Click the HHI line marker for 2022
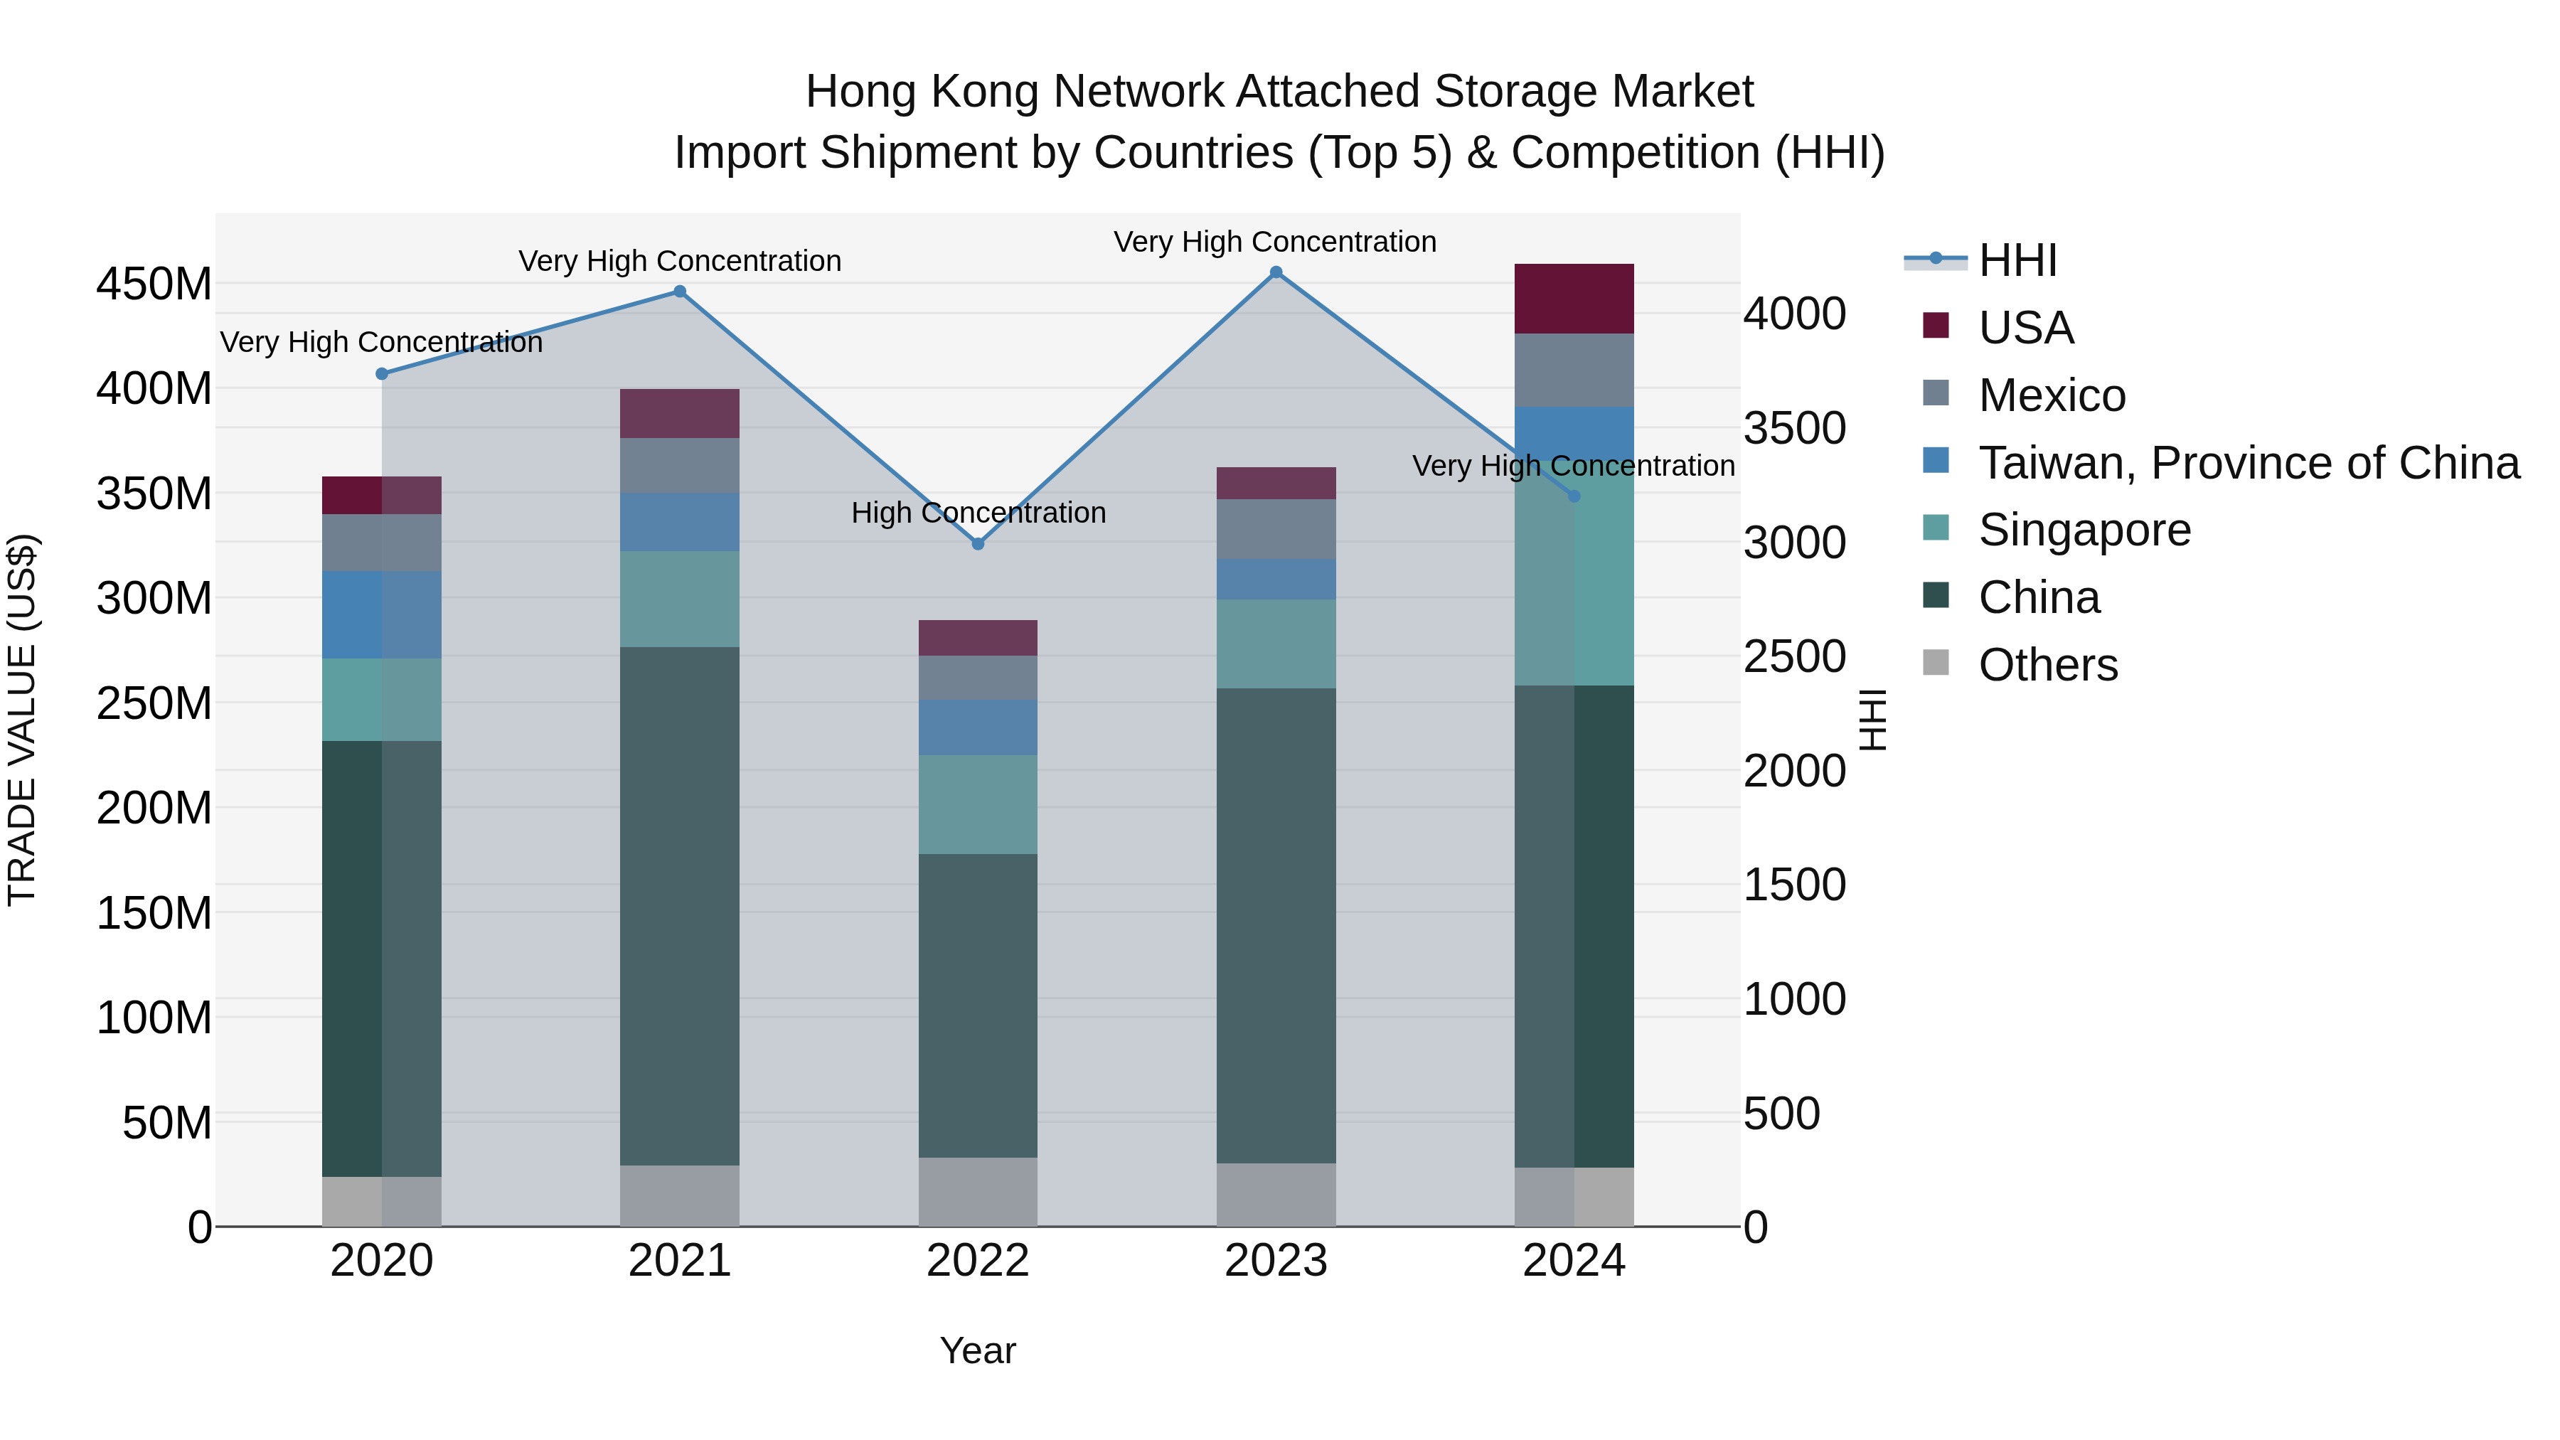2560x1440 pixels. click(978, 543)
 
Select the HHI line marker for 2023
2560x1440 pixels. click(1276, 272)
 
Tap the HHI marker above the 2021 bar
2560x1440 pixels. click(680, 291)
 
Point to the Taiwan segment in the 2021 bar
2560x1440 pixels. click(680, 522)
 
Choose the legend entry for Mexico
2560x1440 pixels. click(2050, 395)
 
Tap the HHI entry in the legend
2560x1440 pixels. click(2017, 260)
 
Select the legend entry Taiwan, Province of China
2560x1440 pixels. click(2248, 463)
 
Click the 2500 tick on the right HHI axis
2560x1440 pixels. click(1794, 657)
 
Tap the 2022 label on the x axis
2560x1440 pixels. click(978, 1261)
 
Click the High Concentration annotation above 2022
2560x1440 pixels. click(978, 513)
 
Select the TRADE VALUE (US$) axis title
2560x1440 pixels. click(22, 720)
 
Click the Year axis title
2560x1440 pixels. click(978, 1350)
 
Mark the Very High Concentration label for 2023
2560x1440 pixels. click(1275, 242)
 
